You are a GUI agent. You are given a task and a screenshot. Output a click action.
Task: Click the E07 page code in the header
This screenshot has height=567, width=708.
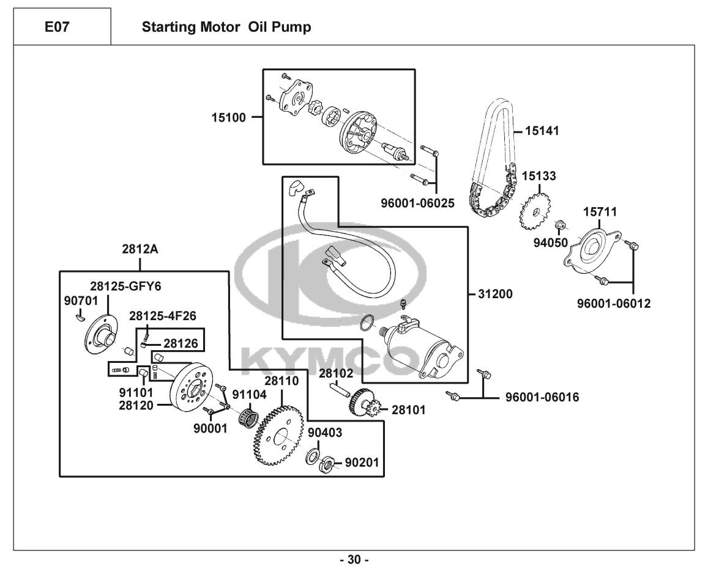point(62,27)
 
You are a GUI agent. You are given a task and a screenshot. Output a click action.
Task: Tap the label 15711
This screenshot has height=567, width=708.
point(600,212)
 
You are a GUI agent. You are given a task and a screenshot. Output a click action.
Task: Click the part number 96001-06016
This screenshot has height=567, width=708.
point(542,398)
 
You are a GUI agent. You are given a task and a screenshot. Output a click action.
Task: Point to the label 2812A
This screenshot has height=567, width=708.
point(140,249)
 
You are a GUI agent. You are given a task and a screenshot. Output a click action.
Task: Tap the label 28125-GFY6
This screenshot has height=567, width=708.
point(125,285)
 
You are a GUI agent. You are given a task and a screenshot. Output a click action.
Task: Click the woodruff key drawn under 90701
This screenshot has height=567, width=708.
point(79,316)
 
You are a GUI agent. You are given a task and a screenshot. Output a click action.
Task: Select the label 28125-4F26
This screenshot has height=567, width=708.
point(162,316)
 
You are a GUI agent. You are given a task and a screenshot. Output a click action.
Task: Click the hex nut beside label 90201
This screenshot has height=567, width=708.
point(326,464)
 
